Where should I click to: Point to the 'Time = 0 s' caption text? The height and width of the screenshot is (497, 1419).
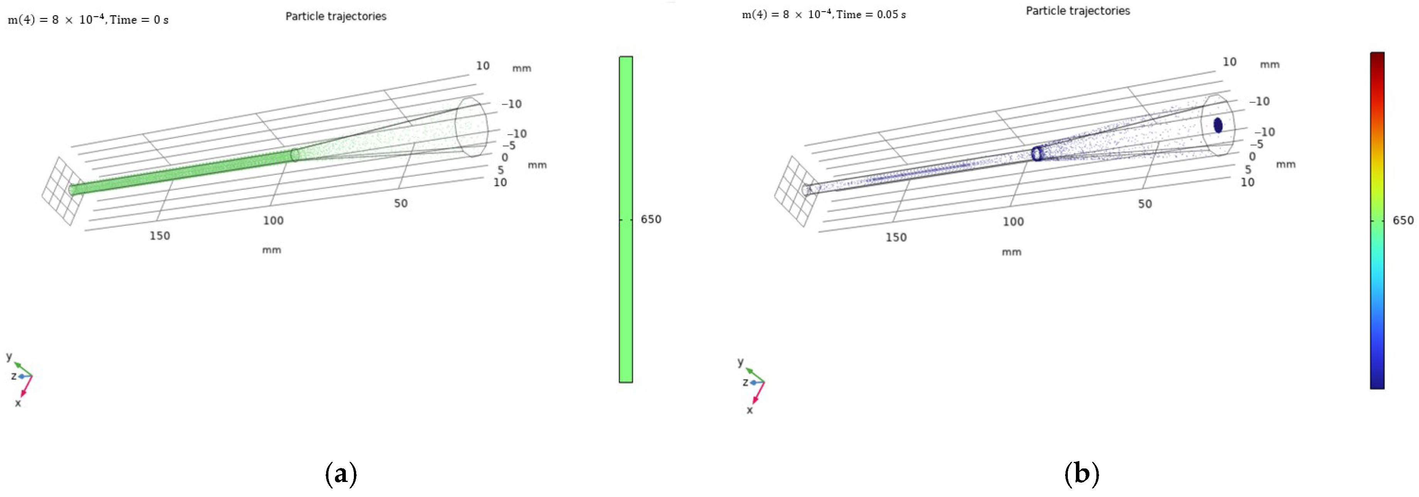(139, 20)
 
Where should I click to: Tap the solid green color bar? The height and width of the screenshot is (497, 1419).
(626, 219)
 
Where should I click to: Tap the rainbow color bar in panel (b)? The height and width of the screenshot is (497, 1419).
(1377, 220)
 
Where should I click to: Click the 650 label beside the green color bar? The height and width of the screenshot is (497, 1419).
(651, 219)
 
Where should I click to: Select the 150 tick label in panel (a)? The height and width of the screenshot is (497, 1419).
(160, 236)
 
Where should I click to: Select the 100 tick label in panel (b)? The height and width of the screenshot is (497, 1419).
(1013, 221)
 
